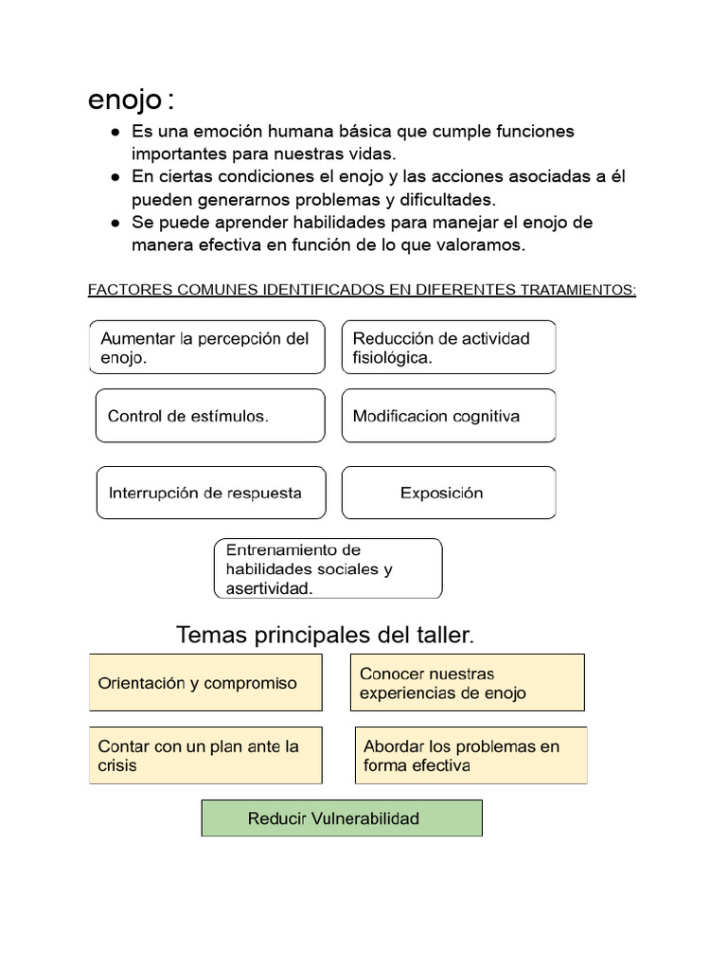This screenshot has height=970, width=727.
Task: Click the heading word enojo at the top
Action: (x=125, y=99)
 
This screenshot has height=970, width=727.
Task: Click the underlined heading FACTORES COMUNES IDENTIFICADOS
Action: (x=362, y=290)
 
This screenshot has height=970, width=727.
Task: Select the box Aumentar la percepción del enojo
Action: (x=207, y=348)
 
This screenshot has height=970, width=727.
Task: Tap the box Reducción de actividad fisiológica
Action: (x=449, y=348)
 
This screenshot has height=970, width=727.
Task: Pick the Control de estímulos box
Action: (x=210, y=416)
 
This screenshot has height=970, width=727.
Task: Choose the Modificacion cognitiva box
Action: (x=449, y=416)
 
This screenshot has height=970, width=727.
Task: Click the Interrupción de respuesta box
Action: (x=210, y=493)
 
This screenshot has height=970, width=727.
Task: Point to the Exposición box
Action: (x=449, y=493)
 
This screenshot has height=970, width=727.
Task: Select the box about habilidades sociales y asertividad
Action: (x=328, y=568)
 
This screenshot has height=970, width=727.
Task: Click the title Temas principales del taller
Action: (x=325, y=635)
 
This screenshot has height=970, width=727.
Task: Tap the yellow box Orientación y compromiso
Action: (x=205, y=683)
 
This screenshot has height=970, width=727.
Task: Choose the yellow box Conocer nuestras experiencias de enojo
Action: (x=467, y=683)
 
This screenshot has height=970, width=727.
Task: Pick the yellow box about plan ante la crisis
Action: (x=205, y=756)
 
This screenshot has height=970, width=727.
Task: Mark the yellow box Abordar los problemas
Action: (x=470, y=756)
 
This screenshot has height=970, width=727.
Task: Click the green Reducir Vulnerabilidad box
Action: (x=342, y=818)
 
